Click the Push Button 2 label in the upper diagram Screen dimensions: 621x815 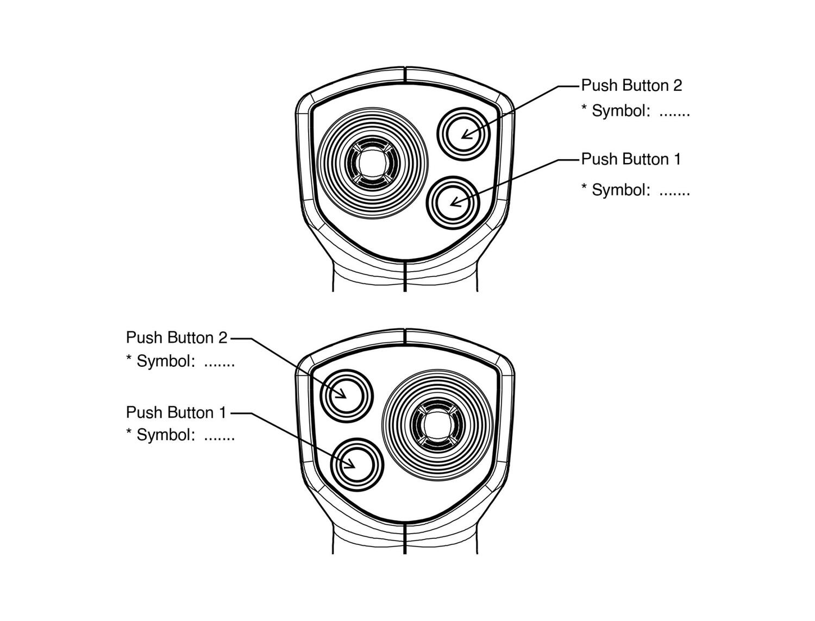tap(631, 85)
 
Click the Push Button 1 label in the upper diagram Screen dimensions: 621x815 tap(630, 159)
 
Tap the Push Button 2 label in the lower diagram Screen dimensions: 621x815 tap(177, 337)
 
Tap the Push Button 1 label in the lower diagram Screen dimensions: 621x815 tap(176, 412)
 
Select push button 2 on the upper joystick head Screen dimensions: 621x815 tap(463, 134)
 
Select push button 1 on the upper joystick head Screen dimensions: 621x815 tap(453, 203)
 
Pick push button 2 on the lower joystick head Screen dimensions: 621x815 tap(346, 396)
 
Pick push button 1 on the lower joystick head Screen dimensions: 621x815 tap(358, 465)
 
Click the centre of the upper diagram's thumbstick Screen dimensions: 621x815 tap(373, 163)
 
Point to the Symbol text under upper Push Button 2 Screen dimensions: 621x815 tap(635, 111)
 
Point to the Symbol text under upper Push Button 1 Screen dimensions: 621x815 tap(635, 190)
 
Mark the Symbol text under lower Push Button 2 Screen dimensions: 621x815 tap(180, 361)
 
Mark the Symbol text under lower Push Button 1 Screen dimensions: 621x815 tap(180, 435)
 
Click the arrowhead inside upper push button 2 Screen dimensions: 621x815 tap(465, 134)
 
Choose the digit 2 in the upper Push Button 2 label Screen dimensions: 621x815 tap(677, 85)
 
